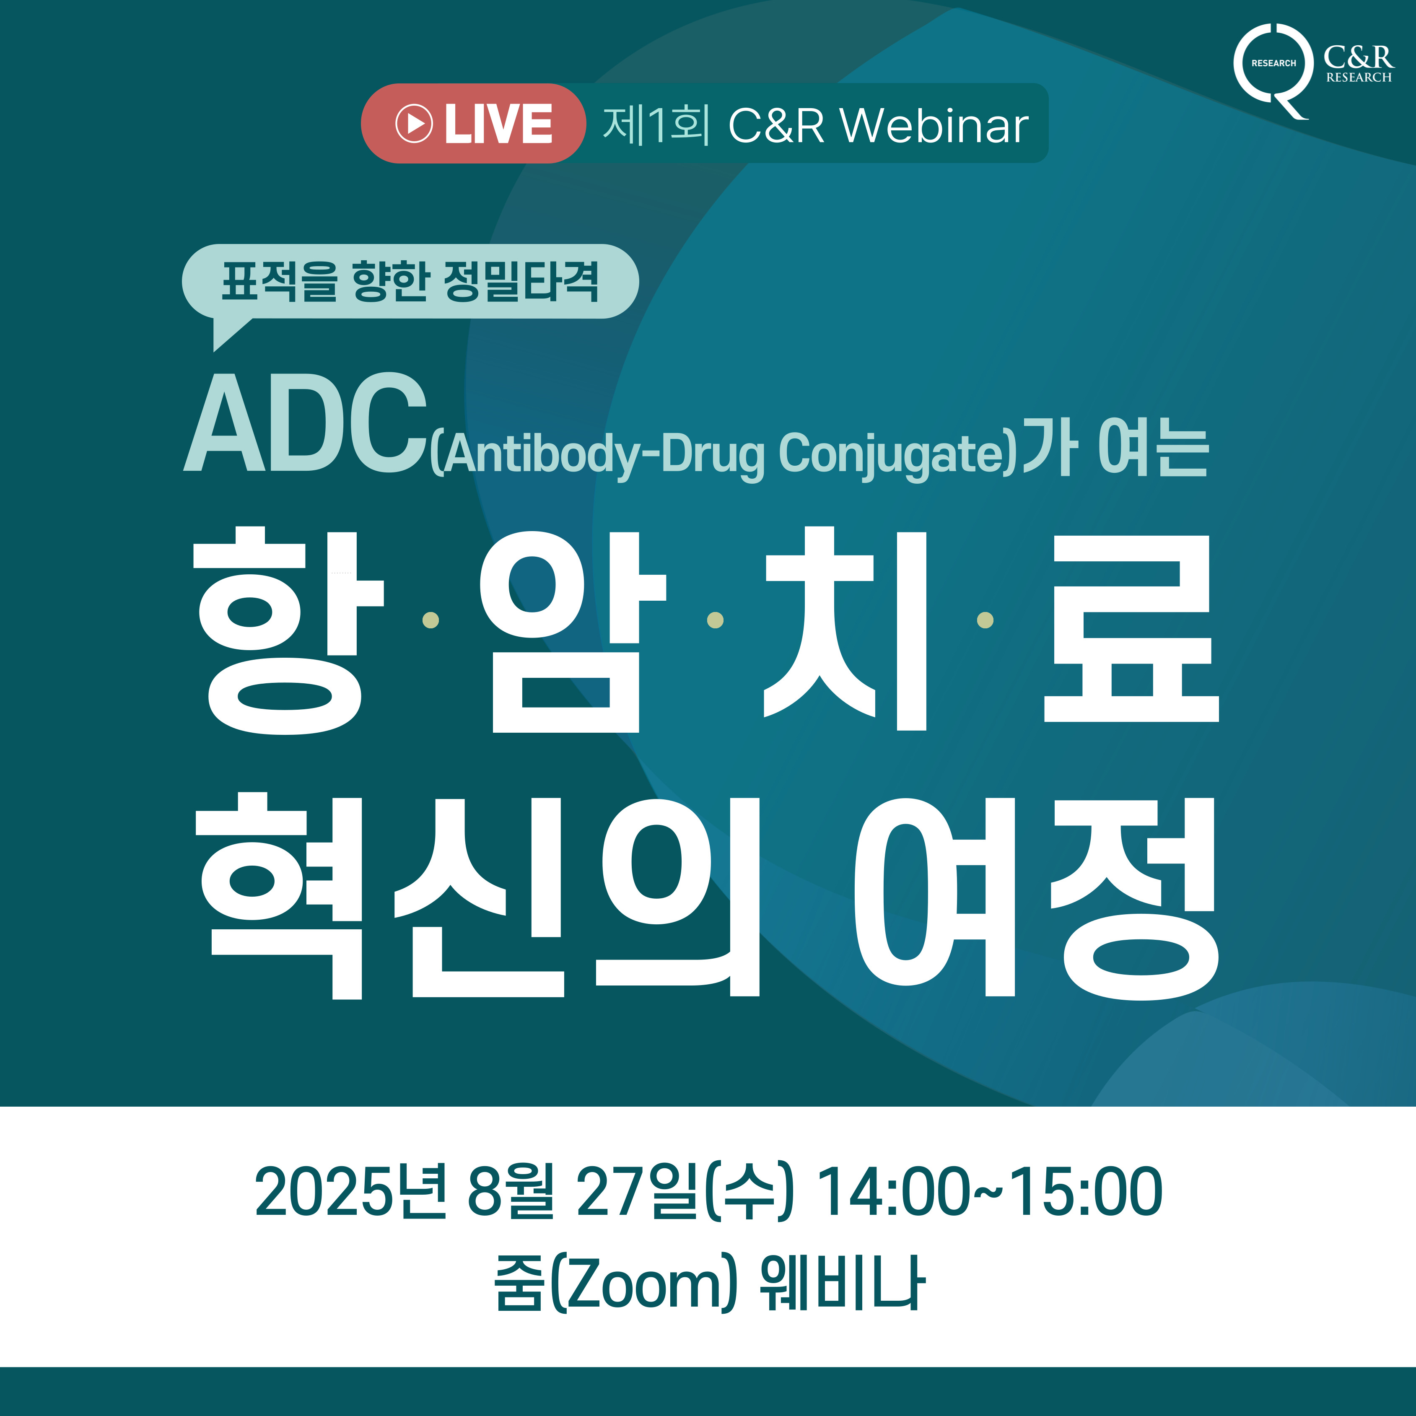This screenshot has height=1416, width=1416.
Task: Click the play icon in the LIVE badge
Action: (x=414, y=123)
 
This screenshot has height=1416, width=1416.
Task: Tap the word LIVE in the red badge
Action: (x=498, y=124)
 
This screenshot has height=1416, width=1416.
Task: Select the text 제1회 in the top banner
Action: (x=656, y=124)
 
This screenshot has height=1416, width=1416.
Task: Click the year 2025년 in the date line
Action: (x=350, y=1193)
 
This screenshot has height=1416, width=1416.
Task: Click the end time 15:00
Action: (x=1088, y=1193)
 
